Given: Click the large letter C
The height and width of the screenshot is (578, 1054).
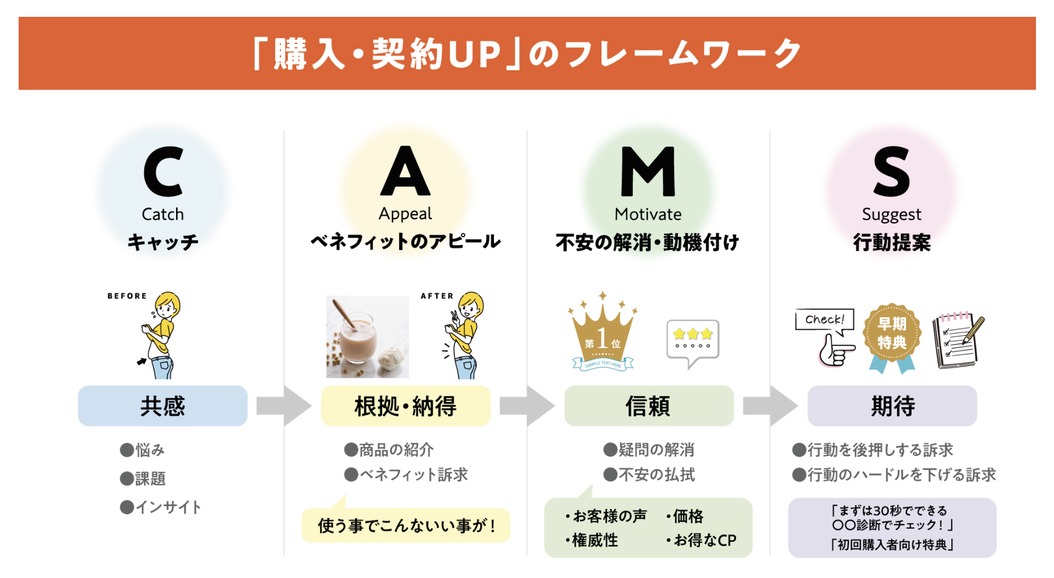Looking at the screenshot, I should (x=163, y=172).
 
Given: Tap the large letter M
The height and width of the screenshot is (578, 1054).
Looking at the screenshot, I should (x=648, y=172).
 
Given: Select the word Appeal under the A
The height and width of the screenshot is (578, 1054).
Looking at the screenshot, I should (x=405, y=214).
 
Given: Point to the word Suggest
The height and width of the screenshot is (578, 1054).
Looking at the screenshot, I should (x=891, y=214).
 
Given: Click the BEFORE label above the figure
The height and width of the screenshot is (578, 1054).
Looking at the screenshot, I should (x=127, y=296).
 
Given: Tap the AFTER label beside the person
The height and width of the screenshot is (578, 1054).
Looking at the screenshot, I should (x=437, y=296).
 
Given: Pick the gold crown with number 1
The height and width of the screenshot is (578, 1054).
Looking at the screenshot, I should (x=602, y=334).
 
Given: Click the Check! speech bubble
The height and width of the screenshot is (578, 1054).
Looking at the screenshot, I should (x=824, y=320).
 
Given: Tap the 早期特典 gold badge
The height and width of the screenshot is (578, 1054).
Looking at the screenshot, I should (x=892, y=334).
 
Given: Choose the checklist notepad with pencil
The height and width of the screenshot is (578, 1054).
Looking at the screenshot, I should (x=958, y=340).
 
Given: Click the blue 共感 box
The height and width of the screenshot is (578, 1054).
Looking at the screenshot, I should (x=162, y=406).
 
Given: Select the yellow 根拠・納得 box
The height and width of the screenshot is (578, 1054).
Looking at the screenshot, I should (x=406, y=406).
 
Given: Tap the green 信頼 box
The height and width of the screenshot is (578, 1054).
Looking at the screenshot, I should (x=648, y=406).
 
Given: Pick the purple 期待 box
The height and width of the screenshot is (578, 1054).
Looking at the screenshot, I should (x=892, y=406).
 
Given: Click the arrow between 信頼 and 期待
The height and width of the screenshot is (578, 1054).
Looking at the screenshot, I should (x=770, y=406).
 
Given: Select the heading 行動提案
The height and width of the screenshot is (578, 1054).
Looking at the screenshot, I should (x=892, y=243).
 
